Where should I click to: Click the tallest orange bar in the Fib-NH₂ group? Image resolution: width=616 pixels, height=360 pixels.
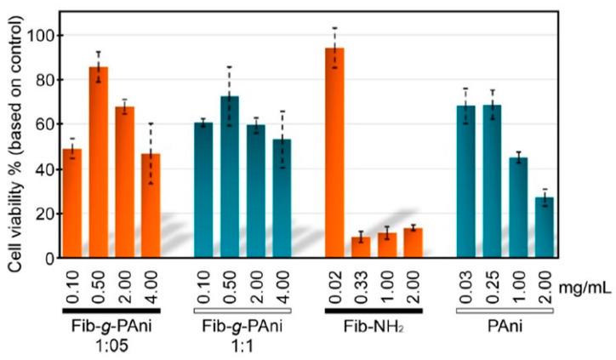click(334, 153)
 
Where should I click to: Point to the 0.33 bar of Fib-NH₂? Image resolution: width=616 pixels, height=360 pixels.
click(361, 247)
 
